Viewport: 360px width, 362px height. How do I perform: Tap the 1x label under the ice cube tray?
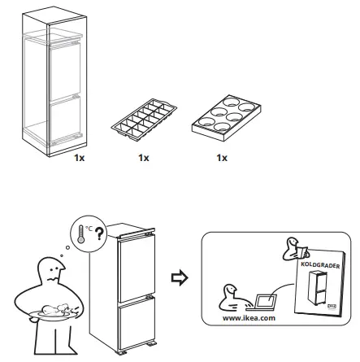point(145,157)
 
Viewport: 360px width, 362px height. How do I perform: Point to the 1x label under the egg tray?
point(221,157)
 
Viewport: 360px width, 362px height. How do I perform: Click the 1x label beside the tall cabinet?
point(79,157)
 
